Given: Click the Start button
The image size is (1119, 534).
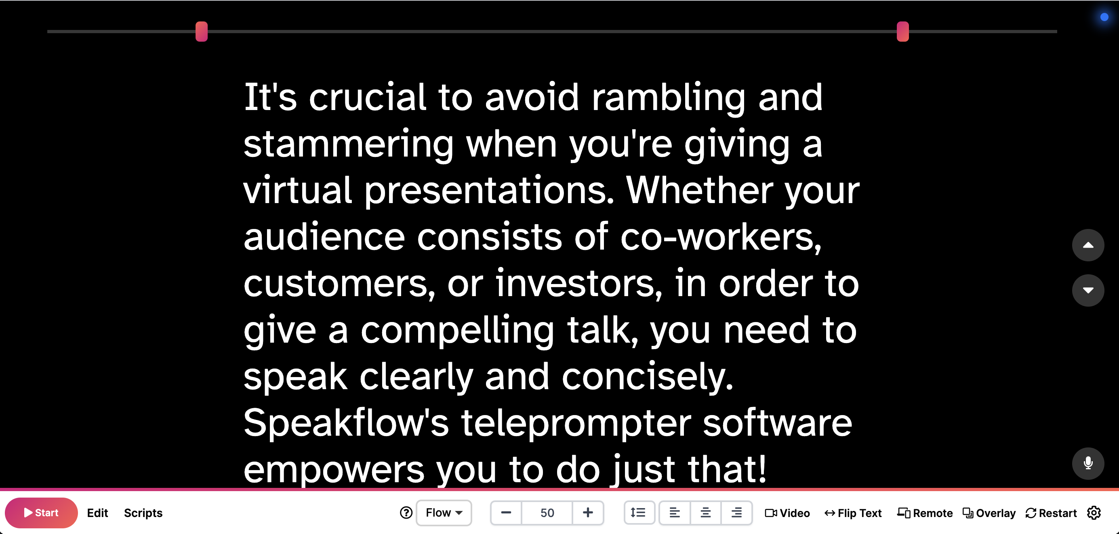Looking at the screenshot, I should (41, 513).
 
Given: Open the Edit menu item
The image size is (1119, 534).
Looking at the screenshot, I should (97, 513).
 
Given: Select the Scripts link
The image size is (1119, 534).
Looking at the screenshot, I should (143, 513).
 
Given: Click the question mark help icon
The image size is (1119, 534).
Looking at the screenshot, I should (406, 513).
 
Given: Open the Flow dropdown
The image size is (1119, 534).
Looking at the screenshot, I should (444, 513).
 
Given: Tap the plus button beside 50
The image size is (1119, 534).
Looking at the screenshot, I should (588, 513).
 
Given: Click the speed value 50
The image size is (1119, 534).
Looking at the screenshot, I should (547, 513).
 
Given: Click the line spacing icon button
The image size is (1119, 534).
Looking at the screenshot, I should (638, 513).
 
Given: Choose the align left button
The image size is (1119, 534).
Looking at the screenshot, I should (674, 513).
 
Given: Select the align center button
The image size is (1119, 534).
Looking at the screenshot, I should (705, 513).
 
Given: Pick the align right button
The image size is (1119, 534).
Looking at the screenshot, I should (736, 513).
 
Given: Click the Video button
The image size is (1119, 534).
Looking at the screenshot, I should (787, 513).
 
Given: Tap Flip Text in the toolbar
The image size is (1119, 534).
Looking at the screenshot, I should (853, 513).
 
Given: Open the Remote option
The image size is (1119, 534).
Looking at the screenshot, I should (925, 513).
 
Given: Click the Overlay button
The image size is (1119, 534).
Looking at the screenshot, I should (989, 513).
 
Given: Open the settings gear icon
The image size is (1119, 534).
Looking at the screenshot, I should (1094, 513).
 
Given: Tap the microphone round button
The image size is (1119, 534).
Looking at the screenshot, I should (1088, 463).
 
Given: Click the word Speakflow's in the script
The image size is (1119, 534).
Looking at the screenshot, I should (346, 423).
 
